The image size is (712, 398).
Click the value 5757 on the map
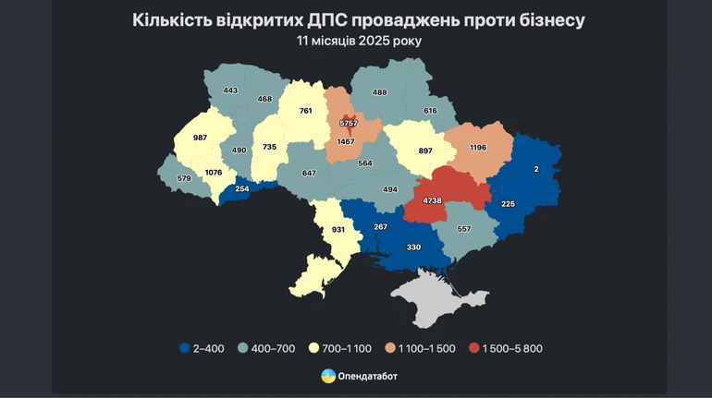point(348,122)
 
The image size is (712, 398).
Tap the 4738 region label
point(433,200)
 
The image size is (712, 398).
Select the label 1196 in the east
point(477,148)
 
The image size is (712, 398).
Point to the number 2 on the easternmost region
point(535,169)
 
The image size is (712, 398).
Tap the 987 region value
point(200,138)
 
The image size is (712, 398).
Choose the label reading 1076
point(214,172)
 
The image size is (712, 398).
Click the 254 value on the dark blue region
point(241,188)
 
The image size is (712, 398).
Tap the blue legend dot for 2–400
point(186,347)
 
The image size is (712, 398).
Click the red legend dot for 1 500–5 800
point(474,347)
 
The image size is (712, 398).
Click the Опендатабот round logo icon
point(327,376)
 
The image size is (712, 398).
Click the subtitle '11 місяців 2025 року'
point(356,41)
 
